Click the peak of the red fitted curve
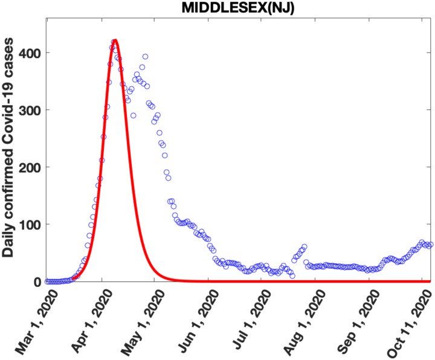coord(115,40)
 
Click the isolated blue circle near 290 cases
coord(133,115)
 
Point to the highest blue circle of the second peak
coord(145,57)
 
